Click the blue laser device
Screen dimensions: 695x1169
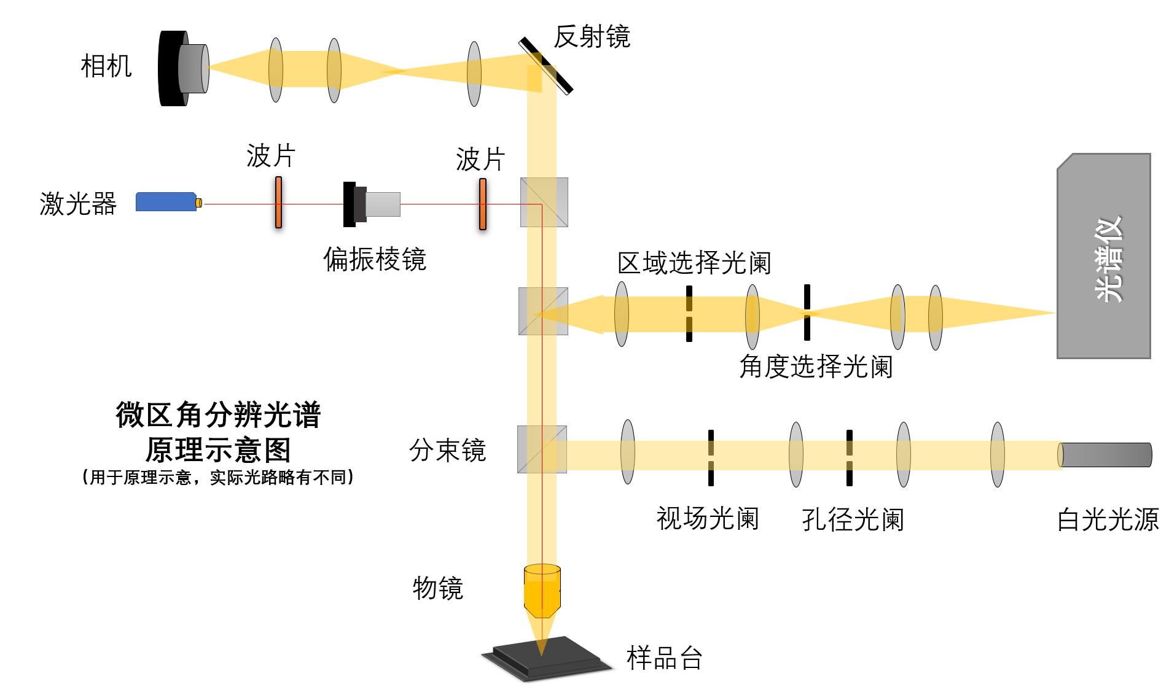coord(166,202)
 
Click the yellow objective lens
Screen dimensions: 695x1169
coord(542,591)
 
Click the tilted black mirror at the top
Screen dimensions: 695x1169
coord(545,66)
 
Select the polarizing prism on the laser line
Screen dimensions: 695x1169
coord(371,204)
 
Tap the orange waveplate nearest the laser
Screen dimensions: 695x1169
coord(278,203)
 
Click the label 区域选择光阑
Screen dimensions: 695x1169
coord(694,263)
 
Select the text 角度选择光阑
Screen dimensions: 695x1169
coord(816,367)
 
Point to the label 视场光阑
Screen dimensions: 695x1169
coord(708,519)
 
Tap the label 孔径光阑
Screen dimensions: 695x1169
coord(853,520)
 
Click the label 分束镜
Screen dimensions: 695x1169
coord(447,450)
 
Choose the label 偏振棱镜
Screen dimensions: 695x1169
coord(375,259)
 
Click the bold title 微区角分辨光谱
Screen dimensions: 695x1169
coord(218,415)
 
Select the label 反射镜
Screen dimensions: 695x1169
coord(592,37)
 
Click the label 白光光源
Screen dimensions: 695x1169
coord(1108,520)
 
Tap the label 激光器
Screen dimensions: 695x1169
coord(78,204)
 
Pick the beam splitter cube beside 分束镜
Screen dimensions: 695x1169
coord(542,449)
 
